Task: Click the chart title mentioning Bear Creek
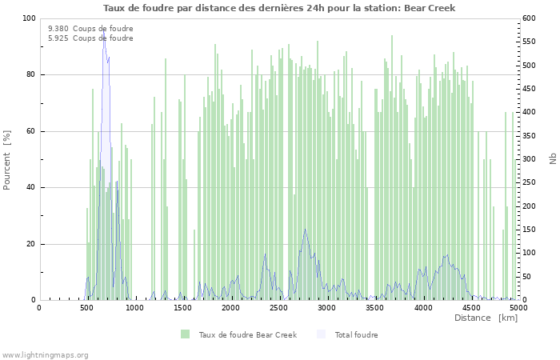point(279,8)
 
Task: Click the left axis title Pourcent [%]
point(7,159)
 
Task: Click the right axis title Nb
point(552,159)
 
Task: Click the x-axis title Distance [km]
point(486,318)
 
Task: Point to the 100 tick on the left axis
point(29,18)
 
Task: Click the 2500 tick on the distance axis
point(279,308)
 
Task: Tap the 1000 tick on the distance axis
point(134,308)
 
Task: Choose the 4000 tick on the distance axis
point(423,308)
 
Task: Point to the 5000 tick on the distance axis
point(518,308)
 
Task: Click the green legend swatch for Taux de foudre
point(186,334)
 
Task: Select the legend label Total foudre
point(356,334)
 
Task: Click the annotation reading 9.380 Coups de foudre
point(90,29)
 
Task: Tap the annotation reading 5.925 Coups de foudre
point(90,38)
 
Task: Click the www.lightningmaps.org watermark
point(46,354)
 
